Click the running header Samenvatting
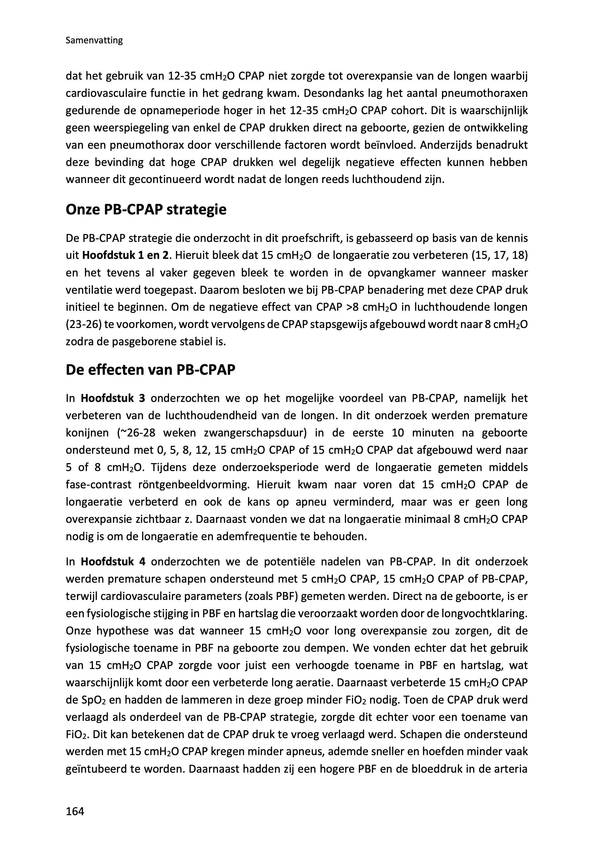click(94, 41)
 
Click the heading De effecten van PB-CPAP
click(151, 370)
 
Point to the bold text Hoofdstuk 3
click(113, 399)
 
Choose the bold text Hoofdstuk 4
click(113, 562)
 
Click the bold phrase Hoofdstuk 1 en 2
click(125, 255)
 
